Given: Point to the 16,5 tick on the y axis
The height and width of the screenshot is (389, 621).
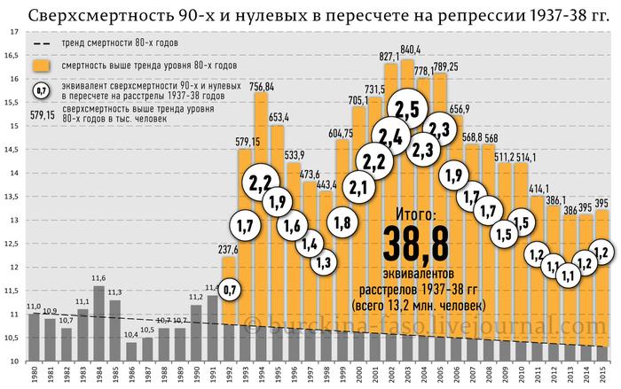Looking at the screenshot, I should pos(12,55).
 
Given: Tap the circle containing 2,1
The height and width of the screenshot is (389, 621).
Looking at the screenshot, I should pos(359,187).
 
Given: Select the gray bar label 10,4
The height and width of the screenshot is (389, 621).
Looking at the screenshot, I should pos(130,334).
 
